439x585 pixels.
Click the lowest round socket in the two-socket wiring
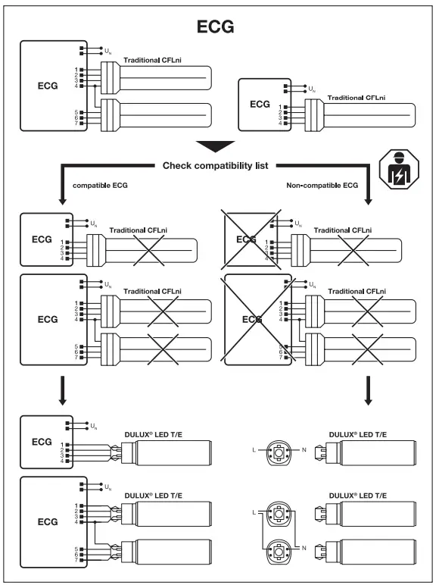279,552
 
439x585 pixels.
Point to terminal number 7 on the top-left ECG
76,124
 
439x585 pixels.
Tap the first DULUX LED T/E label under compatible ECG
150,433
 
